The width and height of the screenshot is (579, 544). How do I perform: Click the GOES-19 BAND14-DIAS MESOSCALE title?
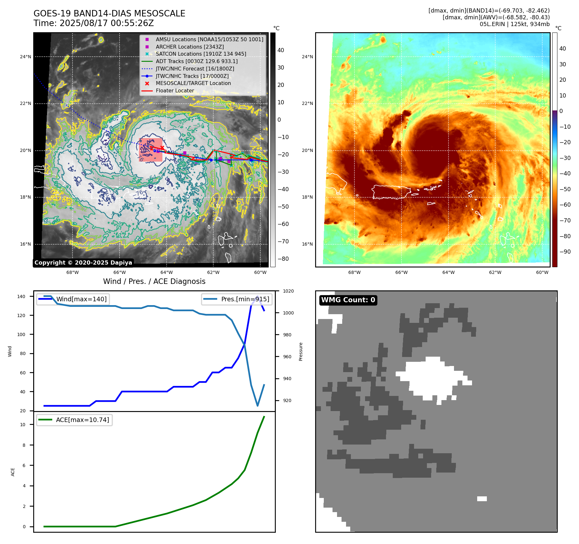(x=109, y=14)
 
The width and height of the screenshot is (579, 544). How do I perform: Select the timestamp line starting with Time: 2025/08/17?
(x=93, y=23)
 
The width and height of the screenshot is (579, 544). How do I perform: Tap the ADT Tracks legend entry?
(x=197, y=61)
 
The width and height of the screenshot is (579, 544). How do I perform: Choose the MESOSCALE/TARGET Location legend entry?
(x=193, y=83)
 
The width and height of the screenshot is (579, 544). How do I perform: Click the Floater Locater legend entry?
(x=175, y=90)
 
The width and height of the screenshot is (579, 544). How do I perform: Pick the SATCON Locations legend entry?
(x=201, y=54)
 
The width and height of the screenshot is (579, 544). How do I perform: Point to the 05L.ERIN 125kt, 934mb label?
(x=515, y=24)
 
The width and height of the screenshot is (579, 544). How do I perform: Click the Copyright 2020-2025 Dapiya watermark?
(x=83, y=263)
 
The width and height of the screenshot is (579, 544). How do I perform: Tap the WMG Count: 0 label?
(x=348, y=300)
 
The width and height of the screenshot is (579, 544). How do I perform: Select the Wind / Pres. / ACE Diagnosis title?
(x=154, y=281)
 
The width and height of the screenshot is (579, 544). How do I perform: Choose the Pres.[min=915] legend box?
(x=237, y=299)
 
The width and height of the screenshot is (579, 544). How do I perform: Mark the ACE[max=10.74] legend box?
(x=74, y=420)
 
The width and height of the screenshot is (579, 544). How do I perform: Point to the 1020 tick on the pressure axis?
(x=288, y=291)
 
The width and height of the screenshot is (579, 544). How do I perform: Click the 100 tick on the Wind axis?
(x=21, y=334)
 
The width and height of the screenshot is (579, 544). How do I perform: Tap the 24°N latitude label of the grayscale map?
(x=25, y=57)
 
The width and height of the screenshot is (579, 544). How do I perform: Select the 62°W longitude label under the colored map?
(x=495, y=272)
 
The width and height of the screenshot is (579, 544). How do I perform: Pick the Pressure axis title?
(x=301, y=352)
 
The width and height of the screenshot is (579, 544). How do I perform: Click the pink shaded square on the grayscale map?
(x=150, y=150)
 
